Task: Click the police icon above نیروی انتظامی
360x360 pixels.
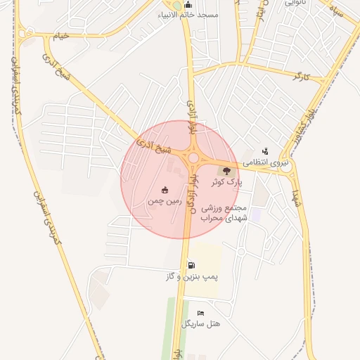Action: pos(265,150)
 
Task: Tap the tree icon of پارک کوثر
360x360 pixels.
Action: pos(226,170)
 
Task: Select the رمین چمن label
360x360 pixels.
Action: pos(165,200)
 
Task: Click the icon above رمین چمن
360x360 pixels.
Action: pos(165,189)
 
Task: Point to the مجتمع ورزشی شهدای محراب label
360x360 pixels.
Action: pos(222,213)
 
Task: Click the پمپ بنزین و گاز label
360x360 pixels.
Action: pos(192,277)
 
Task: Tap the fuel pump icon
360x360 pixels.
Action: pos(191,265)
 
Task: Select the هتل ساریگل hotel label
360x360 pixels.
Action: pos(201,324)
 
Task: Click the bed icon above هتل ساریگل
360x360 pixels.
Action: pos(201,313)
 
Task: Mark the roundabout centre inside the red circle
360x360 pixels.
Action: pos(193,159)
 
